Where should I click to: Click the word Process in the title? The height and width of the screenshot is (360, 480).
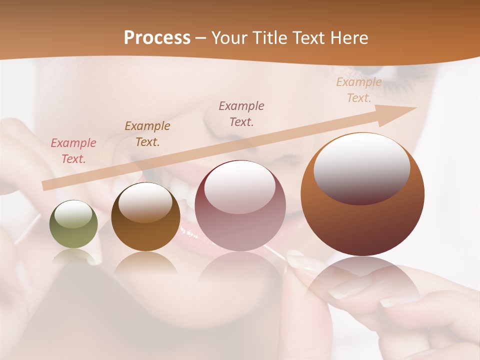pyautogui.click(x=157, y=38)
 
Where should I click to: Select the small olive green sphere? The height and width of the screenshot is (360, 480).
pyautogui.click(x=73, y=224)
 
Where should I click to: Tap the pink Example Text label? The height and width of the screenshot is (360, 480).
pyautogui.click(x=73, y=151)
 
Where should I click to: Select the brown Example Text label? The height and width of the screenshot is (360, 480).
pyautogui.click(x=147, y=134)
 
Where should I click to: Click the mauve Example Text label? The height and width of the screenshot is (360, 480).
pyautogui.click(x=241, y=113)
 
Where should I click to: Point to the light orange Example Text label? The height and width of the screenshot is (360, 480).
pyautogui.click(x=359, y=90)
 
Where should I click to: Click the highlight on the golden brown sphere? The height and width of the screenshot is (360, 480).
pyautogui.click(x=145, y=202)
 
